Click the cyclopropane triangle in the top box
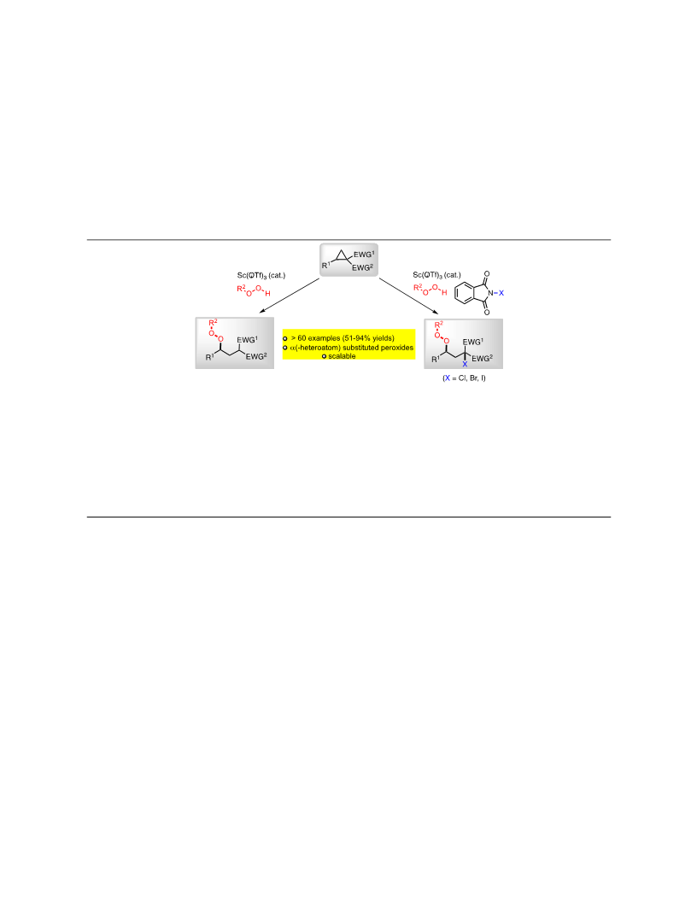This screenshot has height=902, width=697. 342,256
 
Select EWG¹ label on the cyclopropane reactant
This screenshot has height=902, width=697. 364,255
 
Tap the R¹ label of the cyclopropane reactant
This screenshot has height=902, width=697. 326,265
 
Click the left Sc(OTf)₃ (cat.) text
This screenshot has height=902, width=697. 261,276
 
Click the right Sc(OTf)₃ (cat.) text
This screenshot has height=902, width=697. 436,275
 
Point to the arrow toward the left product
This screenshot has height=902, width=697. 290,296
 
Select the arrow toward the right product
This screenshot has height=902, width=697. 409,296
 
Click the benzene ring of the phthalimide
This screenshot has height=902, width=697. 465,293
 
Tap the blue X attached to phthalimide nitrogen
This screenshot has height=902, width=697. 501,293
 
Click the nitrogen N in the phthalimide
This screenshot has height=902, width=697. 490,293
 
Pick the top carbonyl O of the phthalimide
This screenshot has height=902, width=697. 487,274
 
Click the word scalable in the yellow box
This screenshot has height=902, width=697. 342,356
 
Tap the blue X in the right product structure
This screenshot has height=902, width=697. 465,364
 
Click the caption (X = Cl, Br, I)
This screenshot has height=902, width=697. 464,378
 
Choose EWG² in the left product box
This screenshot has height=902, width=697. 256,356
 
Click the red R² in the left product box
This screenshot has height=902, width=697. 213,322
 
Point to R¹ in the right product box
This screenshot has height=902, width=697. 436,359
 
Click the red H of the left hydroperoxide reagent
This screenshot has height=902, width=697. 267,294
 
